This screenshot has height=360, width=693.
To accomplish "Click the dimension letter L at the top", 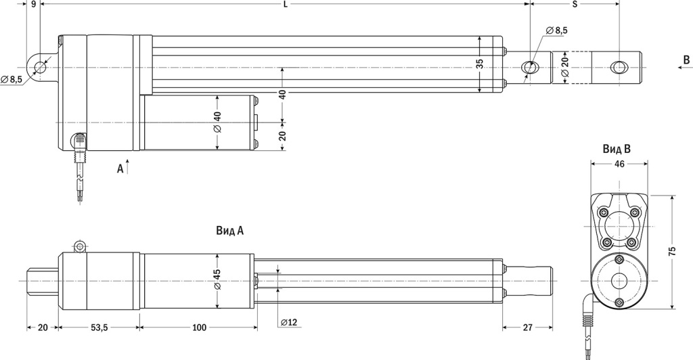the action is click(285, 5).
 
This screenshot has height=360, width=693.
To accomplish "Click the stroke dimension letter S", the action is click(575, 5).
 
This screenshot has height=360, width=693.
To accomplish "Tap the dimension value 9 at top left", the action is click(34, 5).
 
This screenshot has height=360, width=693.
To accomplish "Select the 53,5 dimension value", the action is click(99, 328).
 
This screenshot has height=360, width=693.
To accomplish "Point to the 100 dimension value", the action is click(200, 328).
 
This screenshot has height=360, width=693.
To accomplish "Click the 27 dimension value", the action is click(528, 328).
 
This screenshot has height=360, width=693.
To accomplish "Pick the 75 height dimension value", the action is click(672, 252).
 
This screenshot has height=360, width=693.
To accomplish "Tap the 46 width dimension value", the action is click(619, 164).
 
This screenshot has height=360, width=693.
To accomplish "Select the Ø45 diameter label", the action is click(217, 279).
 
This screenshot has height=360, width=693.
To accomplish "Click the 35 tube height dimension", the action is click(480, 64).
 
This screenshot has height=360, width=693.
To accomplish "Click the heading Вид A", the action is click(230, 231).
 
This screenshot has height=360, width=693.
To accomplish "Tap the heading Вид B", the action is click(617, 149).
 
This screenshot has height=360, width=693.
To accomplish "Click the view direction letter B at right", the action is click(686, 60).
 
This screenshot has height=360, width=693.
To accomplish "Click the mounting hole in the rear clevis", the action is click(40, 67).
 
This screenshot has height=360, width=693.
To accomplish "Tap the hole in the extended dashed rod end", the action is click(619, 67).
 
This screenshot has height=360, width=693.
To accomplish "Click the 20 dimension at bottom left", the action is click(43, 328).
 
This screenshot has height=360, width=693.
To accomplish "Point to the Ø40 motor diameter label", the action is click(217, 122).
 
